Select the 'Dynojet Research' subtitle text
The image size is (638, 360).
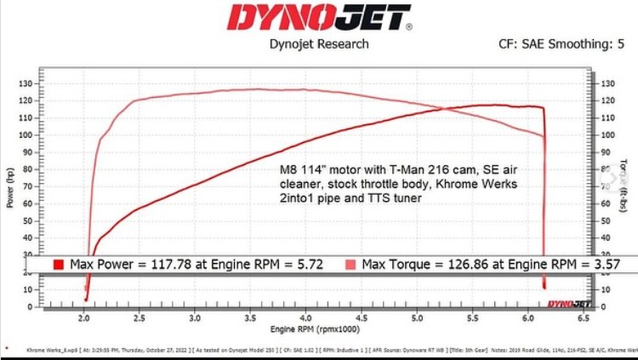tap(320, 44)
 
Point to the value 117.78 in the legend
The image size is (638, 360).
tap(158, 265)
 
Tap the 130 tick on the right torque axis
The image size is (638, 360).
tap(606, 84)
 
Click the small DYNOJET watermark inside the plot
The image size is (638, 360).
tap(564, 303)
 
